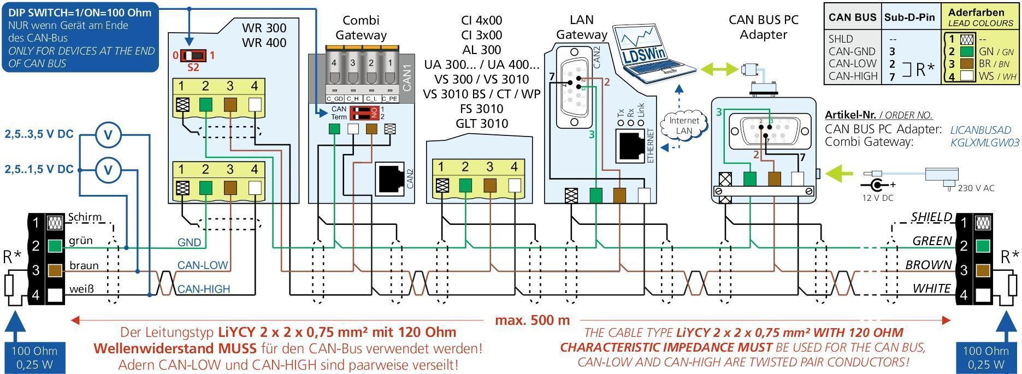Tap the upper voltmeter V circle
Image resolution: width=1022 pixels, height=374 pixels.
coord(108,134)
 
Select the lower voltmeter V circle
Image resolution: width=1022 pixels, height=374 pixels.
coord(108,170)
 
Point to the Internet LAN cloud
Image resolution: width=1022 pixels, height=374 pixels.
coord(684,126)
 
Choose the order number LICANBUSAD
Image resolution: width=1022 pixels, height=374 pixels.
coord(980,130)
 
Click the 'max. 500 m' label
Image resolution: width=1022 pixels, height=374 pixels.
coord(532,320)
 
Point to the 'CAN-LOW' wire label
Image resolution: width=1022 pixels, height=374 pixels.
coord(203,265)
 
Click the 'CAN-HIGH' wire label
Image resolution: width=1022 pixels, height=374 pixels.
coord(204,289)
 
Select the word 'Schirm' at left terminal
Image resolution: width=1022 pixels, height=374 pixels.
coord(85,217)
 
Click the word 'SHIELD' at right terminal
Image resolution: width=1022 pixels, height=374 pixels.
coord(931,217)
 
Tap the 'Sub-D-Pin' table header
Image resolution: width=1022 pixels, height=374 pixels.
coord(909,17)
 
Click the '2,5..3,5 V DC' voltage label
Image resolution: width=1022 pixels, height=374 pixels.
coord(39,134)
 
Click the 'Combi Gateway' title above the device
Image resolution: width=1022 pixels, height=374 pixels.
coord(361,28)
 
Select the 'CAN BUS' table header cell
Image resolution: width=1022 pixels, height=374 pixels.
coord(852,17)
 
